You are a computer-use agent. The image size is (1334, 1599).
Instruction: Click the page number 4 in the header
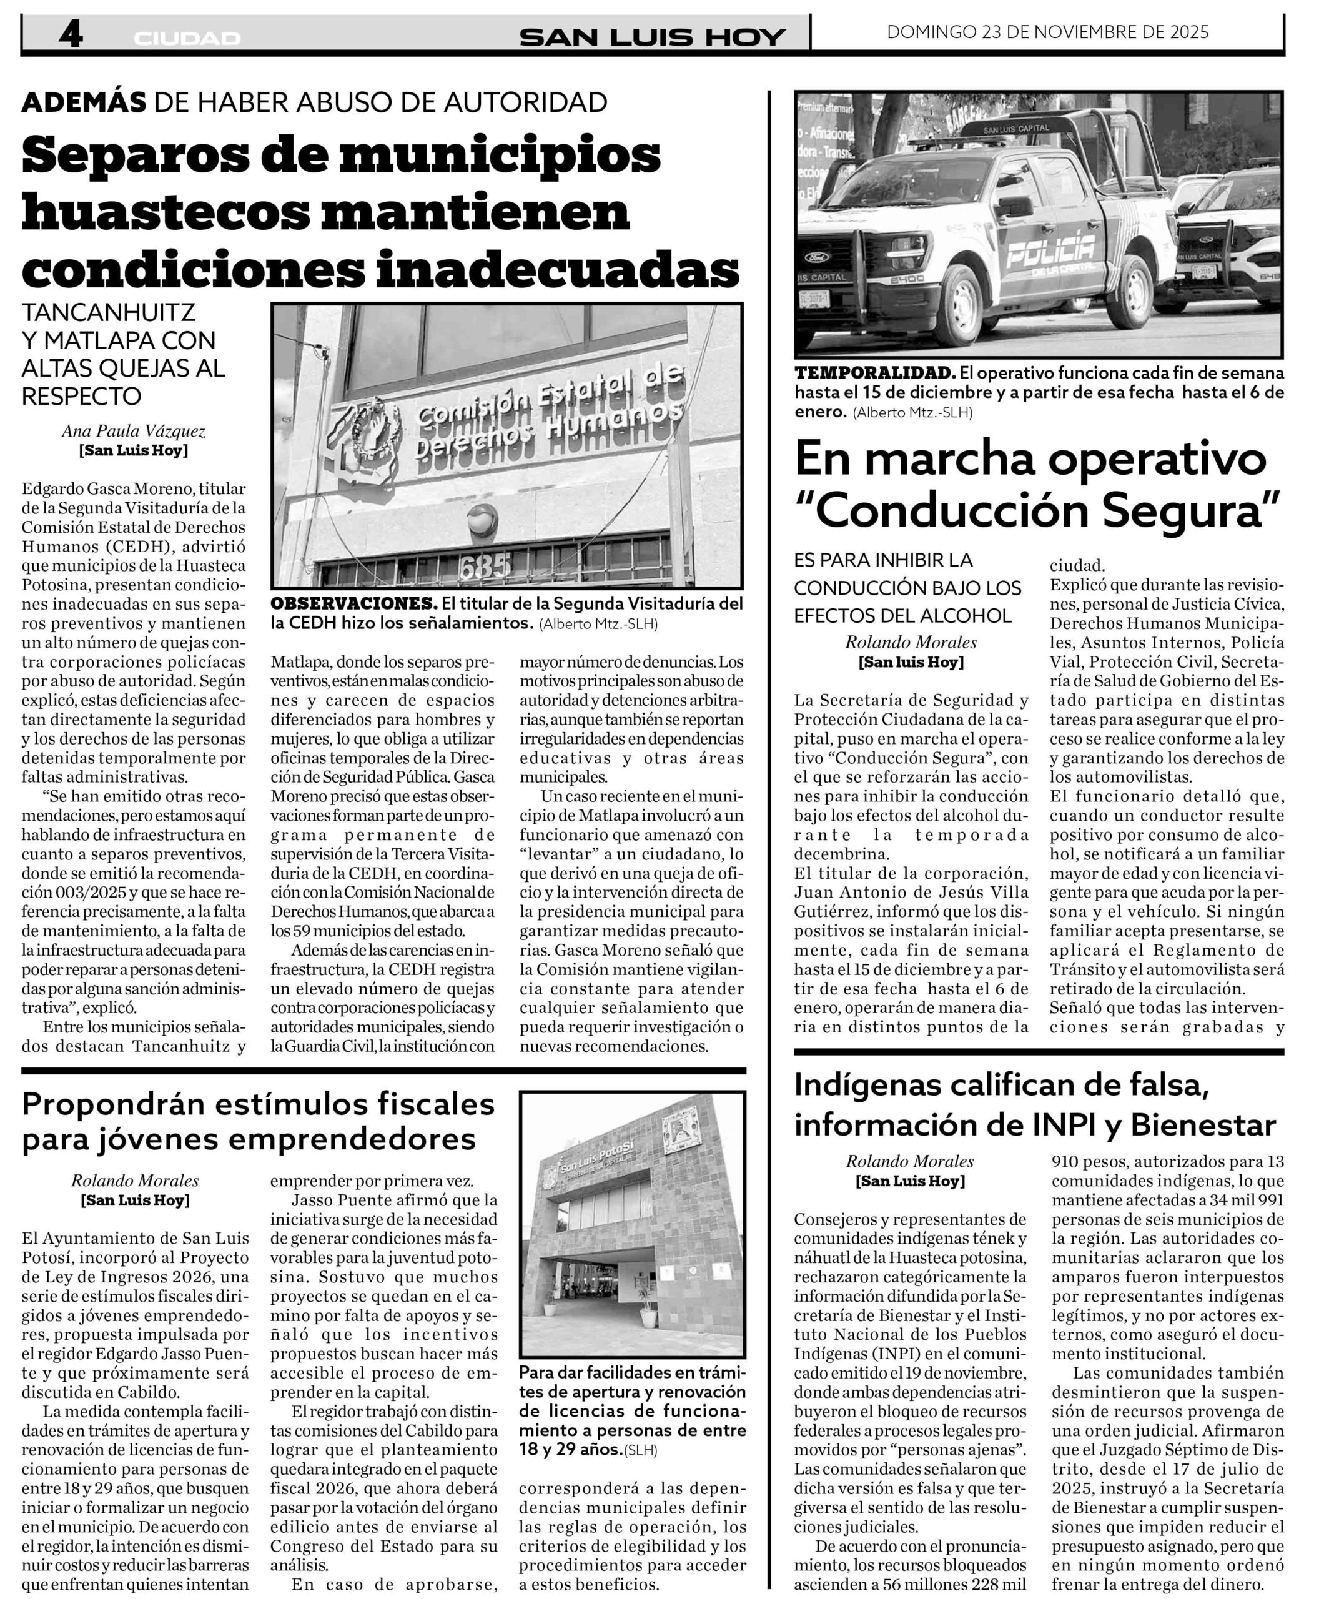[71, 34]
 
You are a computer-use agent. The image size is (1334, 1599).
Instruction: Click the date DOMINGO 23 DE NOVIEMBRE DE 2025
[1048, 32]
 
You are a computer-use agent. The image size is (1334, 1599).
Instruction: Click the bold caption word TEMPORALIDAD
[875, 373]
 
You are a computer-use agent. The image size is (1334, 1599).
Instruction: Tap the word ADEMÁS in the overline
[84, 101]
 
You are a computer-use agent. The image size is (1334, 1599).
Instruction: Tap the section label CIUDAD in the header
[187, 38]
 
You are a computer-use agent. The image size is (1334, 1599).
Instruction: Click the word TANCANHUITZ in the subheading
[108, 312]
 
